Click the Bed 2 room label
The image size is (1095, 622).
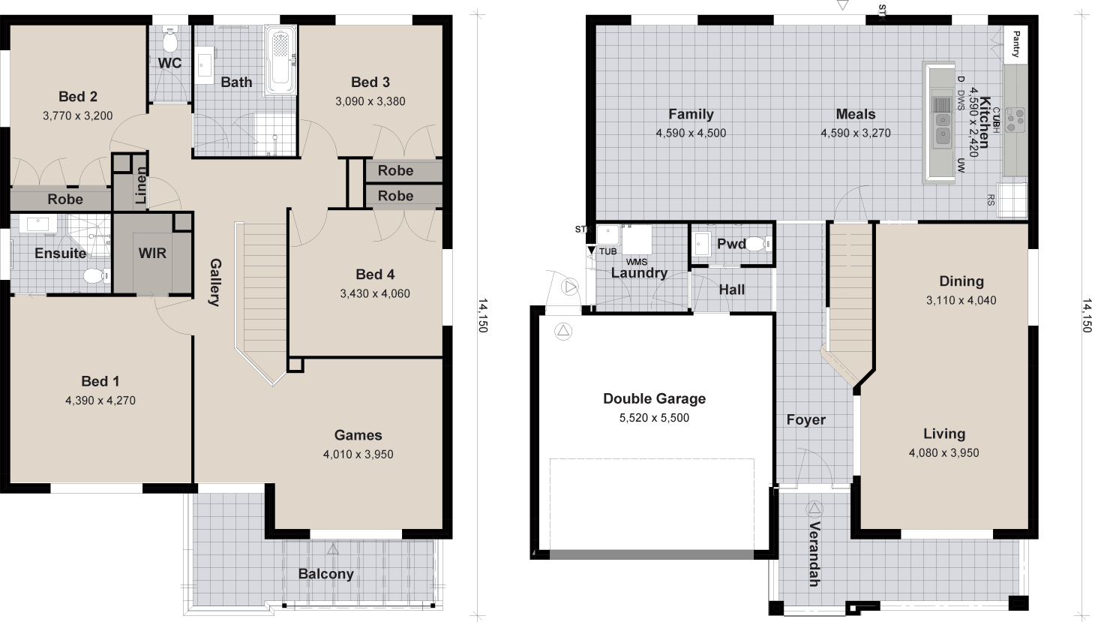pyautogui.click(x=78, y=96)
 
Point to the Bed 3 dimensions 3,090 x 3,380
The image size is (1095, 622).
pyautogui.click(x=370, y=101)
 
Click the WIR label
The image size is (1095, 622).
pyautogui.click(x=152, y=253)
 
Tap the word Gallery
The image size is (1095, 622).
pyautogui.click(x=214, y=282)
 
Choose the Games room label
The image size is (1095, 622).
pyautogui.click(x=358, y=435)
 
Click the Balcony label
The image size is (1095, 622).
pyautogui.click(x=325, y=574)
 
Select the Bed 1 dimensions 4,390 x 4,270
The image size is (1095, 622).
pyautogui.click(x=100, y=401)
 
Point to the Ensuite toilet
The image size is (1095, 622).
pyautogui.click(x=94, y=276)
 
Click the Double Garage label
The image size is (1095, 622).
pyautogui.click(x=654, y=398)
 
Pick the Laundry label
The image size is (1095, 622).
pyautogui.click(x=639, y=273)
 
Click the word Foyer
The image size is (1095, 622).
pyautogui.click(x=805, y=419)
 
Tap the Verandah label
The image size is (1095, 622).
pyautogui.click(x=814, y=553)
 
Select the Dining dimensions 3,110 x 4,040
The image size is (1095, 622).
pyautogui.click(x=961, y=300)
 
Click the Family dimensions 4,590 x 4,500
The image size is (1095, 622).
pyautogui.click(x=691, y=134)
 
